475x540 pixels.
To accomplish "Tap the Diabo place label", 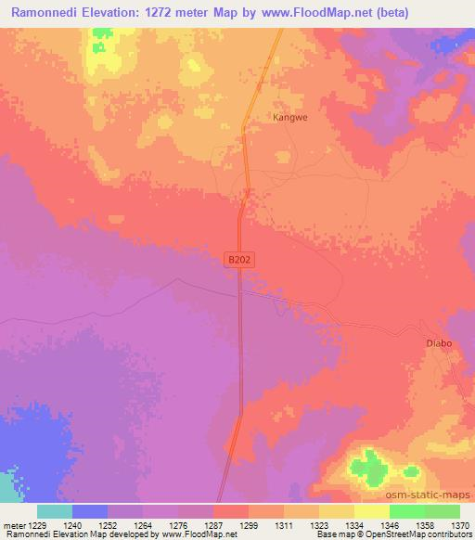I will click(x=439, y=343).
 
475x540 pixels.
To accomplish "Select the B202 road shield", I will click(x=239, y=262).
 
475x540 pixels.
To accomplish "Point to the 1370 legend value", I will click(x=460, y=525).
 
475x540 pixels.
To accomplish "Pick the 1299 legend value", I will click(x=247, y=525).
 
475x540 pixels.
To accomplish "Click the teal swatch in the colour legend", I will click(x=55, y=511).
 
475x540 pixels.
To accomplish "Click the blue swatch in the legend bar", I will click(x=90, y=511).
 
